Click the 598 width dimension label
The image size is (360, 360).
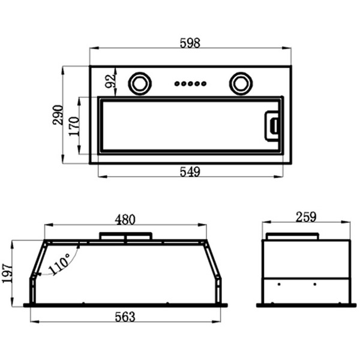(x=190, y=43)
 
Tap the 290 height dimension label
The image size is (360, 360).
(x=58, y=115)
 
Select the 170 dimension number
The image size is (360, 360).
(x=74, y=126)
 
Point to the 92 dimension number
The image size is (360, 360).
(x=110, y=81)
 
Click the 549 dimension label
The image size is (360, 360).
(x=190, y=172)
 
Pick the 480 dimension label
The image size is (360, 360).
(x=125, y=220)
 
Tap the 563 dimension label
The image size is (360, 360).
(x=125, y=317)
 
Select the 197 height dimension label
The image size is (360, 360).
(x=7, y=274)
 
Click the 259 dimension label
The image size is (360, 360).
(x=306, y=217)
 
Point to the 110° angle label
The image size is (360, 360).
(x=59, y=264)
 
